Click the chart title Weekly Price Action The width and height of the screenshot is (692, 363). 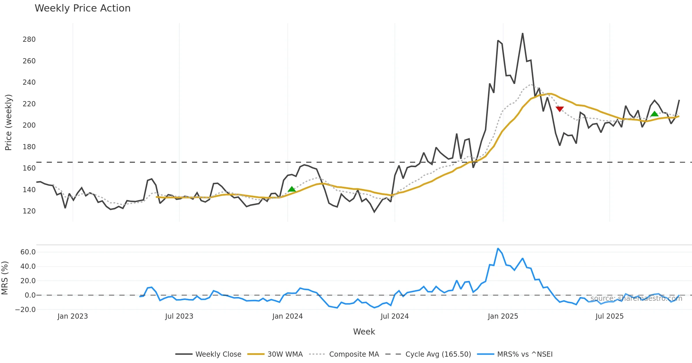(82, 8)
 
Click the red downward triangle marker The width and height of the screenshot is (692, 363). (560, 109)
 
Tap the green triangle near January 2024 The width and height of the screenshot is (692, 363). (292, 189)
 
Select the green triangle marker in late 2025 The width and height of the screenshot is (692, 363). (655, 114)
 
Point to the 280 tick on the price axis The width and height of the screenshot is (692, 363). (29, 39)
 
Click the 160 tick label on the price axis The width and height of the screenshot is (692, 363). (29, 168)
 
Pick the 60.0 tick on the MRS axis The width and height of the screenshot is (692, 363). (28, 252)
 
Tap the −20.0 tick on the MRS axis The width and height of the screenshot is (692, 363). (25, 310)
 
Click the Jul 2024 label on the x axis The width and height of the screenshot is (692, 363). (394, 316)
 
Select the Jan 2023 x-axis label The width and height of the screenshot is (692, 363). (73, 316)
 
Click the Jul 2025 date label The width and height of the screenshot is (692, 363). (610, 316)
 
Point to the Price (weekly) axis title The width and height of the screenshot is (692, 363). (9, 122)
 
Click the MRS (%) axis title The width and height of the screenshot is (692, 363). (5, 278)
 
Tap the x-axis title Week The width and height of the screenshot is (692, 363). (364, 332)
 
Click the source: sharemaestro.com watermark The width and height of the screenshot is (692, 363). (636, 298)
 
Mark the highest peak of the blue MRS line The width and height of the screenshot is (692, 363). (498, 248)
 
